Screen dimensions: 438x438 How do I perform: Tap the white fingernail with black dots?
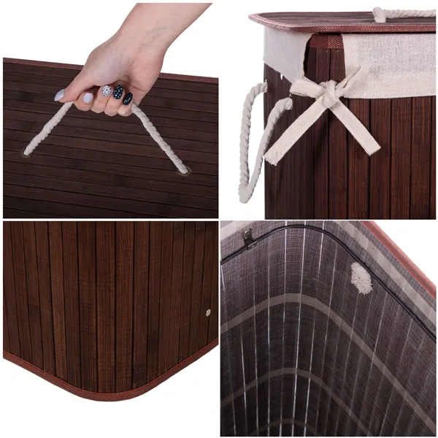pos(107,91)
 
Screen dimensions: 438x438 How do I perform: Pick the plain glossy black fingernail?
pos(128,98)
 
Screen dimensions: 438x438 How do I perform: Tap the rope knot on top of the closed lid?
pos(380,14)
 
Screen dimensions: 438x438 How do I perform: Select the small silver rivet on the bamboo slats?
pos(208,312)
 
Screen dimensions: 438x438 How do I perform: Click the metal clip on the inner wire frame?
pos(250,237)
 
